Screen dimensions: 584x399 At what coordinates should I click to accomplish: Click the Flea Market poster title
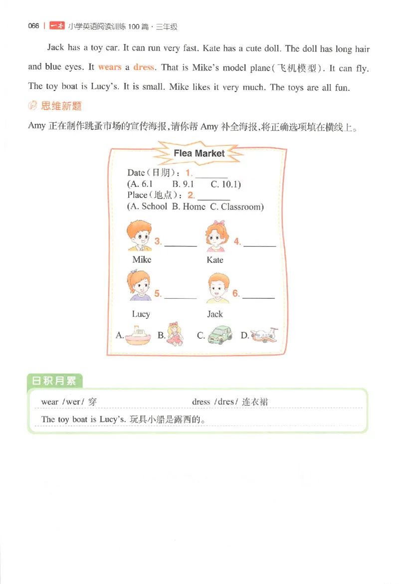pyautogui.click(x=199, y=154)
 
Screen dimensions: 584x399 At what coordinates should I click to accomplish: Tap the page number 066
pyautogui.click(x=34, y=26)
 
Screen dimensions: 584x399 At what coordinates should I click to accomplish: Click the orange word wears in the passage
pyautogui.click(x=110, y=67)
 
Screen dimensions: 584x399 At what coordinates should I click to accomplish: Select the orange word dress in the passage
pyautogui.click(x=144, y=67)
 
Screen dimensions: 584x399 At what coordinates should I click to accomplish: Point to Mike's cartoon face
pyautogui.click(x=140, y=235)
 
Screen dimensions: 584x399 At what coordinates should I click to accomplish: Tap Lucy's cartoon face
pyautogui.click(x=140, y=286)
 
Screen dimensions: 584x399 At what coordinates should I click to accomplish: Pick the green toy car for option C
pyautogui.click(x=219, y=335)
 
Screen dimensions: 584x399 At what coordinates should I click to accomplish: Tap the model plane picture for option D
pyautogui.click(x=263, y=335)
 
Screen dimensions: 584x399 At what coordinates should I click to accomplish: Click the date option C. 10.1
pyautogui.click(x=225, y=185)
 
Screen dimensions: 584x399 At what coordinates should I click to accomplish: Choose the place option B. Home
pyautogui.click(x=189, y=206)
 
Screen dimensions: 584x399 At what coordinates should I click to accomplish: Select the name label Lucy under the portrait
pyautogui.click(x=141, y=314)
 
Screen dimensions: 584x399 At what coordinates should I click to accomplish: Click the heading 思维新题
pyautogui.click(x=62, y=106)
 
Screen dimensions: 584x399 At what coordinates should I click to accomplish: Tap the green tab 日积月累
pyautogui.click(x=54, y=381)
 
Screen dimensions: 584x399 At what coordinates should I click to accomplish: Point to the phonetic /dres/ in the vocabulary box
pyautogui.click(x=223, y=402)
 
